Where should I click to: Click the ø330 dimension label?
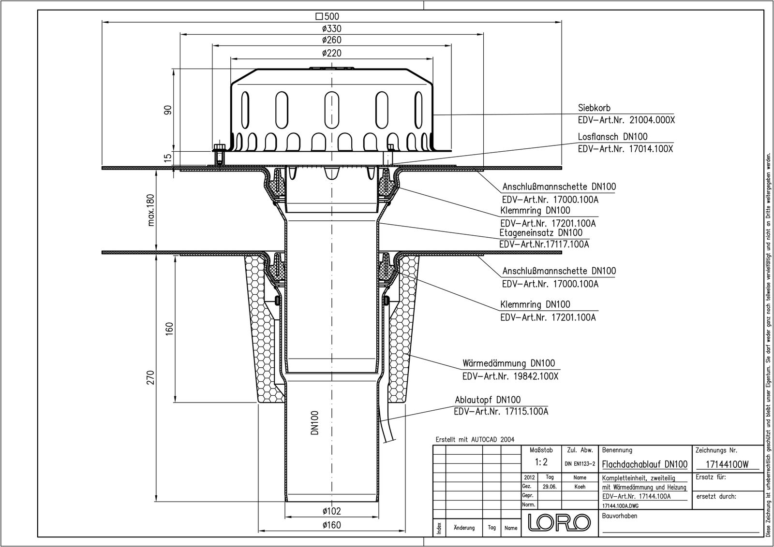[x=332, y=29]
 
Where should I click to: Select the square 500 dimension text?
[x=328, y=16]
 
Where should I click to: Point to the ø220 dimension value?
[x=332, y=53]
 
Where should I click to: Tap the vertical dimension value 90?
[x=168, y=110]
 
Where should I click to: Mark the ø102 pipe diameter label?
[x=331, y=511]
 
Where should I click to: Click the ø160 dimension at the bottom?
[x=332, y=525]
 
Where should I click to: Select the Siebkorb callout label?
[x=595, y=108]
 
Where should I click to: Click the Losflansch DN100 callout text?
[x=612, y=137]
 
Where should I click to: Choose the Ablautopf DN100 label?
[x=488, y=400]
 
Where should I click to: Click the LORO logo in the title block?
[x=559, y=522]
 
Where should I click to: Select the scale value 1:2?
[x=541, y=462]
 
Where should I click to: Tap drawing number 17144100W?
[x=727, y=464]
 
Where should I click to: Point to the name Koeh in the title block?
[x=580, y=487]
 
